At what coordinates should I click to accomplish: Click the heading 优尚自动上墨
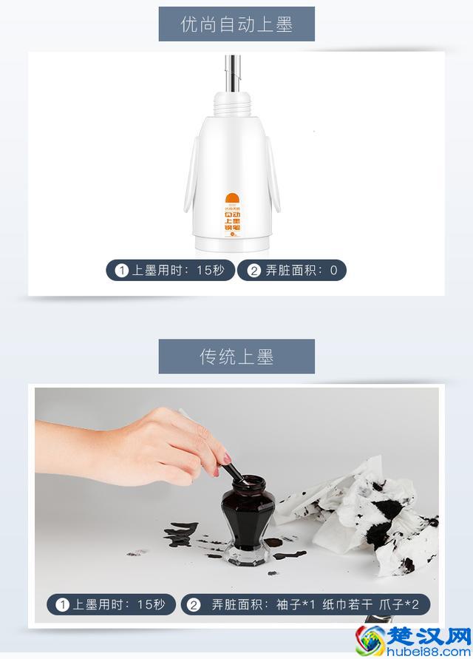click(236, 24)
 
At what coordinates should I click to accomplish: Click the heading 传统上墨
click(236, 356)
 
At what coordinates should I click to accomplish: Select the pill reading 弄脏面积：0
click(292, 271)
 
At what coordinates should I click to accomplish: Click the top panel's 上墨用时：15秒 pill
click(170, 271)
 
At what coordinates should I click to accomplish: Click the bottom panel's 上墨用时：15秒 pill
click(112, 604)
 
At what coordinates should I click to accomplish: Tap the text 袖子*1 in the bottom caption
click(296, 604)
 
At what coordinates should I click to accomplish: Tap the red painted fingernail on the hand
click(217, 470)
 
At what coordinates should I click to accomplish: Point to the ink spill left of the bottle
click(182, 533)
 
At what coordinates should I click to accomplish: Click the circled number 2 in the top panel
click(254, 271)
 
